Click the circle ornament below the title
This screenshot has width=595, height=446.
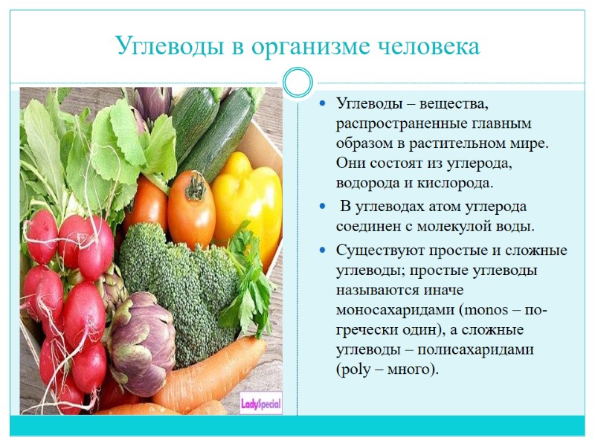tap(297, 83)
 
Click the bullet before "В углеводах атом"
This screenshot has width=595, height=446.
tap(322, 207)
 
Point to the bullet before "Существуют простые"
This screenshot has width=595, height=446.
tap(322, 251)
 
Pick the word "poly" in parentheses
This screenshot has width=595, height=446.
tap(356, 369)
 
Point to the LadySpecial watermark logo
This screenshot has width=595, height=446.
tap(260, 404)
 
